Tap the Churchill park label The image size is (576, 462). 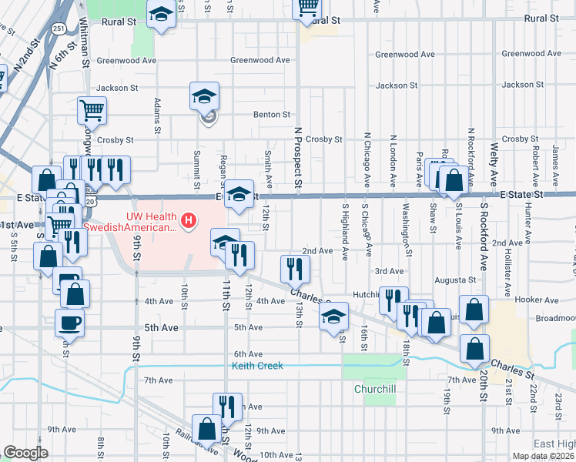(x=375, y=389)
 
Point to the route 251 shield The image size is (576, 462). (x=59, y=28)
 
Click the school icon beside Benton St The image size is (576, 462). (x=205, y=98)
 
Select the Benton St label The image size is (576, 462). (x=270, y=115)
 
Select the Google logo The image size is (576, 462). (x=25, y=453)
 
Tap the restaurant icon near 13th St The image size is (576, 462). (x=295, y=269)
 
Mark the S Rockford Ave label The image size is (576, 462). (x=484, y=229)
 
